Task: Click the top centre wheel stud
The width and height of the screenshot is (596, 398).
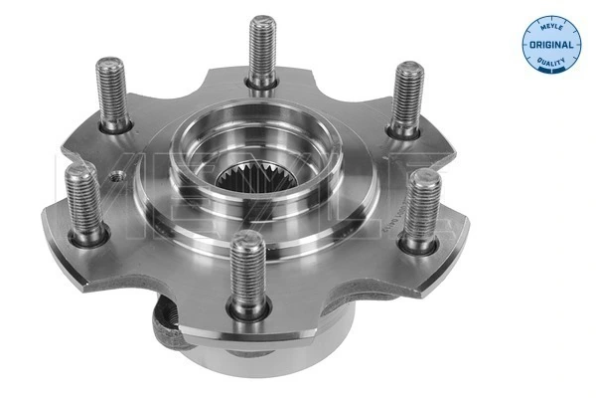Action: coord(263,50)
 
